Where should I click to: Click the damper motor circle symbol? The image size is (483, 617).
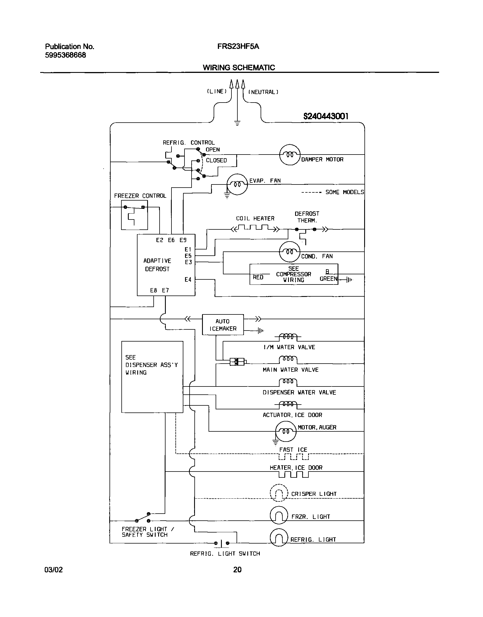pos(289,155)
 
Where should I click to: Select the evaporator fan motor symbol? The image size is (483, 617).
pos(237,184)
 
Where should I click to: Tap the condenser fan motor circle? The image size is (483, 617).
pos(289,251)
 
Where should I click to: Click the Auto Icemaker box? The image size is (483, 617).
pos(223,325)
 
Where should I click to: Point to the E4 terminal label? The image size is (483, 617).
pos(188,279)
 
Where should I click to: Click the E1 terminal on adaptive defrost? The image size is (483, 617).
pos(188,249)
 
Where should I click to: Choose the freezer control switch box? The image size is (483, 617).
pos(134,215)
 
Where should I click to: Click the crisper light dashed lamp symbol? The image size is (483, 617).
pos(279,493)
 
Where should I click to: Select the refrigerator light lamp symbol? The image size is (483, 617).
pos(279,537)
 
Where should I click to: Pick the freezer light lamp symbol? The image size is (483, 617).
pos(279,515)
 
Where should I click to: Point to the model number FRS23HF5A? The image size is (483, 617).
pos(238,47)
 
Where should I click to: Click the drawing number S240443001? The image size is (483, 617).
pos(326,116)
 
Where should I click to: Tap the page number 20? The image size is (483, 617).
pos(237,569)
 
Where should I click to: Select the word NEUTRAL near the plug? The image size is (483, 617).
pos(263,92)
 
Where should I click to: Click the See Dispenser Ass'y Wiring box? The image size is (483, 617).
pos(152,377)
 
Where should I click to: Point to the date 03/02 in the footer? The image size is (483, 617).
pos(54,569)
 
